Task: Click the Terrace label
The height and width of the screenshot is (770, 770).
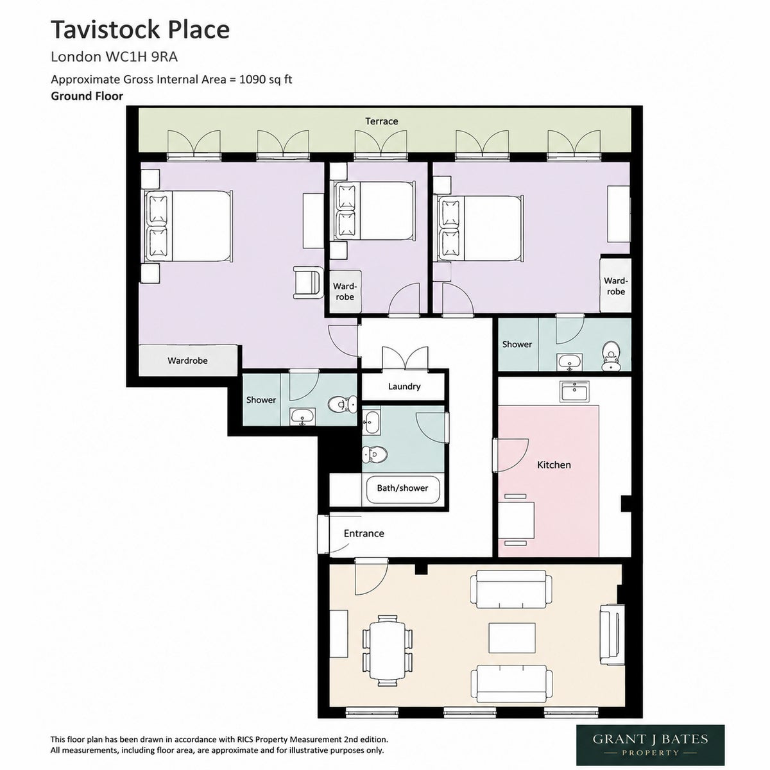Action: [x=381, y=121]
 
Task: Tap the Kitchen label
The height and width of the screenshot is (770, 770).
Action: [x=553, y=465]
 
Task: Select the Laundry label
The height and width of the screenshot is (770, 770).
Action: [x=404, y=386]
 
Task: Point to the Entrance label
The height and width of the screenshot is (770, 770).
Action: [x=364, y=533]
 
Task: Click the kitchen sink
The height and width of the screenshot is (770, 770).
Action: [x=574, y=391]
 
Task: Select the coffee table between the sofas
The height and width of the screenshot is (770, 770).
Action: [x=512, y=644]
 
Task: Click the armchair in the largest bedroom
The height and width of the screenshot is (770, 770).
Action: [x=308, y=283]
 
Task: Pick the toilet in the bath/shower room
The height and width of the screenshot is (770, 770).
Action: [x=375, y=454]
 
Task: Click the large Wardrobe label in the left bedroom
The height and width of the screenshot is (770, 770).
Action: [x=187, y=361]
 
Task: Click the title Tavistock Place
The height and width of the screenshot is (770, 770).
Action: [x=141, y=30]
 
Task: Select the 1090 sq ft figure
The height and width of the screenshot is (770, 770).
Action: [x=265, y=80]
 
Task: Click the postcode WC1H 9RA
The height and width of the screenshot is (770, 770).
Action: [x=141, y=57]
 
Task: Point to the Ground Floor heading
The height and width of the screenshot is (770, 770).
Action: [x=87, y=96]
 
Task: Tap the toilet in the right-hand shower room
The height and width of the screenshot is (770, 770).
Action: [x=610, y=356]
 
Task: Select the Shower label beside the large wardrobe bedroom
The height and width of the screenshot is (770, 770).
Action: [x=261, y=400]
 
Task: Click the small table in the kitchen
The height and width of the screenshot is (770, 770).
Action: [x=515, y=520]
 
